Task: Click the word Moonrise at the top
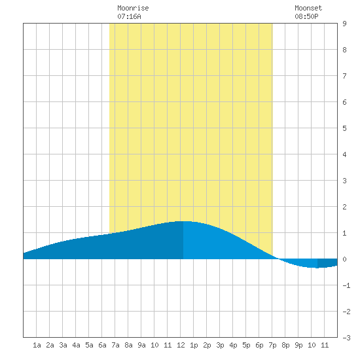133,8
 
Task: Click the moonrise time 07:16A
129,16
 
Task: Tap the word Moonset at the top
308,8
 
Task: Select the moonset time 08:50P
306,16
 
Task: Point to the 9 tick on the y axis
344,24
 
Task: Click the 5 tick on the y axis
344,128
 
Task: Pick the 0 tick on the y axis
344,259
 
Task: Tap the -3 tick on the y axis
346,338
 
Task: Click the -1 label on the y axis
346,285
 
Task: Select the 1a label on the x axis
37,345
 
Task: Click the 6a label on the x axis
102,345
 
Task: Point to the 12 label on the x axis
181,345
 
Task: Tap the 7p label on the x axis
272,345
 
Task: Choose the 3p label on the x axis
220,345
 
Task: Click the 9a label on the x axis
141,345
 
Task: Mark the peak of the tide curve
184,221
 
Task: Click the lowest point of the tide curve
317,268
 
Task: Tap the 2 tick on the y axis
344,207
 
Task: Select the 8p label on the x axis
285,345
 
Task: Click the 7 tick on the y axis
344,76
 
